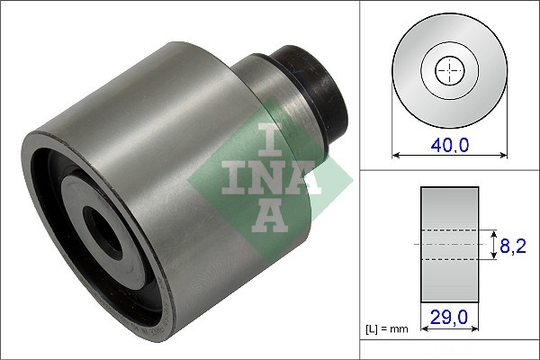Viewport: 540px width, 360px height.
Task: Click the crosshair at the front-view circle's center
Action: coord(447,69)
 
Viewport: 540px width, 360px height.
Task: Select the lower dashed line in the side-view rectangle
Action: coord(449,260)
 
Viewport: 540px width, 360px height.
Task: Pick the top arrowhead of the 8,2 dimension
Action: coord(493,230)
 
